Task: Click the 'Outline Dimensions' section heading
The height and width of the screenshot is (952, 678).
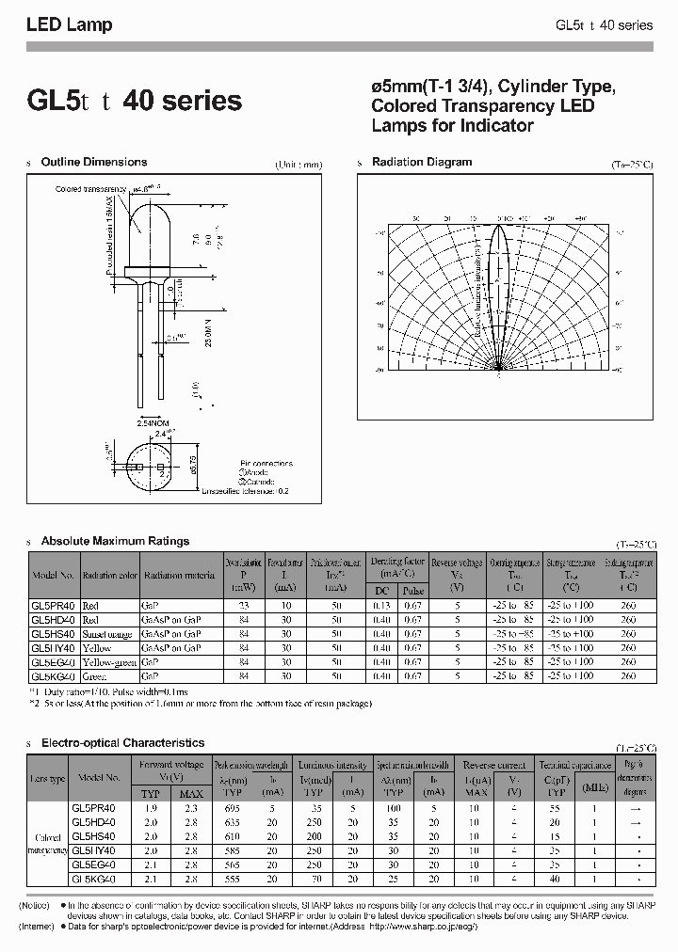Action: [94, 163]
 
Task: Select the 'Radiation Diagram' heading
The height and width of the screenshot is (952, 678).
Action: [422, 163]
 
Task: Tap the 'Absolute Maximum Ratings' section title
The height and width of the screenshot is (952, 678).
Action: [115, 541]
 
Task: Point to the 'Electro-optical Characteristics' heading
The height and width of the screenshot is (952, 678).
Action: [122, 743]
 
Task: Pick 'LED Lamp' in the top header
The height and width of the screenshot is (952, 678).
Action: [69, 25]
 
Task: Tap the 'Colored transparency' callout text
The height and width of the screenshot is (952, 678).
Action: [89, 189]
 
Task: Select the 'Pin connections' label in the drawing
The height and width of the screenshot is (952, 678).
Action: [266, 464]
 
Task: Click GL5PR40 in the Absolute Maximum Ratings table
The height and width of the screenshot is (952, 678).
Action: [53, 607]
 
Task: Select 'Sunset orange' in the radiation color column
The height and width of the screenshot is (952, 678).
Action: [111, 635]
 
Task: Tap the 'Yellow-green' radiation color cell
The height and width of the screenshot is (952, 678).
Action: [109, 662]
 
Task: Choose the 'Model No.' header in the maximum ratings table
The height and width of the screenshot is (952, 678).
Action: [53, 575]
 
